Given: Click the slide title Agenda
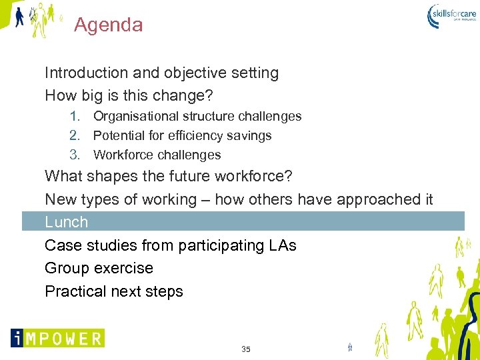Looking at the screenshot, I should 108,25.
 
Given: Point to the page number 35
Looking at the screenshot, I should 246,349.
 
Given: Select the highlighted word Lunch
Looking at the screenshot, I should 66,222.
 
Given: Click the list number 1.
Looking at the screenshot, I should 75,116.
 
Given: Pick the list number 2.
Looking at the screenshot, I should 75,135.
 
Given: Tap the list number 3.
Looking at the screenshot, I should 75,155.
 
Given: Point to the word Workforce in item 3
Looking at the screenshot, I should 122,155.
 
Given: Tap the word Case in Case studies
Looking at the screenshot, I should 60,245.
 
